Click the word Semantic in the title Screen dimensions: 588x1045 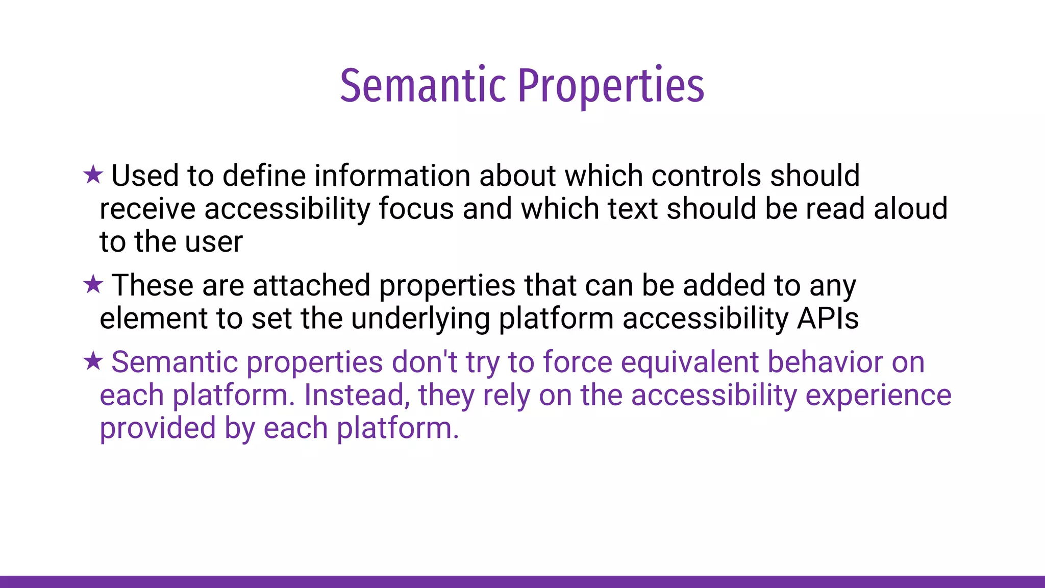point(423,86)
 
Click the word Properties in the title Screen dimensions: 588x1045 point(611,86)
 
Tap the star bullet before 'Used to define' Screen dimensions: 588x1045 point(93,175)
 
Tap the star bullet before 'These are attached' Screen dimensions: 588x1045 point(93,284)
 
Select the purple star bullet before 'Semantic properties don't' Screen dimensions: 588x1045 point(93,361)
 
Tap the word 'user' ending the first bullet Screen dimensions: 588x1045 point(214,242)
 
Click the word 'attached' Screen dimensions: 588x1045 point(311,285)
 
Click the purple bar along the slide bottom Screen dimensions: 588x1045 point(522,581)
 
